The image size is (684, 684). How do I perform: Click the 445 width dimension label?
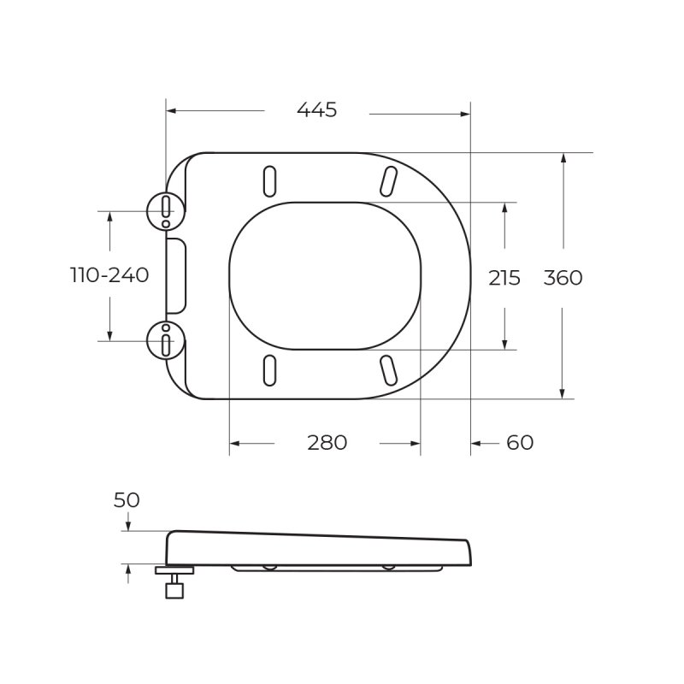(316, 110)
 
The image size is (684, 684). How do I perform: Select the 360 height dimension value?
(563, 278)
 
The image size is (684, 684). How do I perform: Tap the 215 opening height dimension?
(504, 278)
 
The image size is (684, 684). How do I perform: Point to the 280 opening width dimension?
(327, 443)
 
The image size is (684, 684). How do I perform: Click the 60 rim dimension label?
(519, 443)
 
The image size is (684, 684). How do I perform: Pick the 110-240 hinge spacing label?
(109, 275)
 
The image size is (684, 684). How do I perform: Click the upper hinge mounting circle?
(165, 209)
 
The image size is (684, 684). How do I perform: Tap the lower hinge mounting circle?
(165, 339)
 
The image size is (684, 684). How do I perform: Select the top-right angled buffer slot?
(387, 180)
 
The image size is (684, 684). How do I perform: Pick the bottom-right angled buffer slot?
(387, 369)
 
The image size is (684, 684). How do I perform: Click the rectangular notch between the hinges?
(175, 275)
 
